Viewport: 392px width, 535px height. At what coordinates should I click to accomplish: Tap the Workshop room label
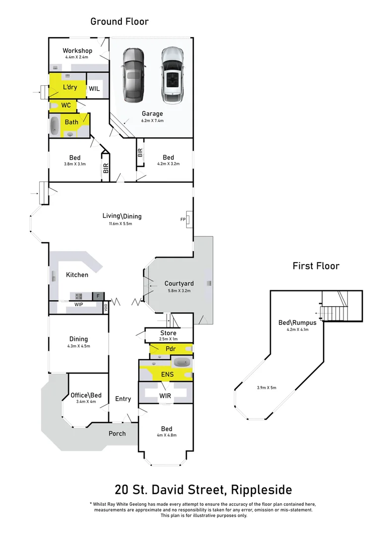(77, 51)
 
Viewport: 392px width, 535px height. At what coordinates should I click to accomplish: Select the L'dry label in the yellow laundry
(70, 88)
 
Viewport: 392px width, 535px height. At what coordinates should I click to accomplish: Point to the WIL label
(95, 89)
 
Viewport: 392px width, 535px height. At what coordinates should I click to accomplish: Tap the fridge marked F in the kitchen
(98, 296)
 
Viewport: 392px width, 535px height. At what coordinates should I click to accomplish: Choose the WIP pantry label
(78, 304)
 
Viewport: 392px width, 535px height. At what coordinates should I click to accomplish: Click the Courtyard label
(179, 283)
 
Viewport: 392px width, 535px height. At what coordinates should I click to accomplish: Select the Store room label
(168, 333)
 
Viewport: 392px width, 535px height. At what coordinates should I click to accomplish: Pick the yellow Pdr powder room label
(170, 349)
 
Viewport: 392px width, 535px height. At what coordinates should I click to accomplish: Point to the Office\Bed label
(86, 395)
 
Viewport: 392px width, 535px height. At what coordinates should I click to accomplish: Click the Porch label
(117, 433)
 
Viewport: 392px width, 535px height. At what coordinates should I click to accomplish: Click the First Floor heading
(316, 266)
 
